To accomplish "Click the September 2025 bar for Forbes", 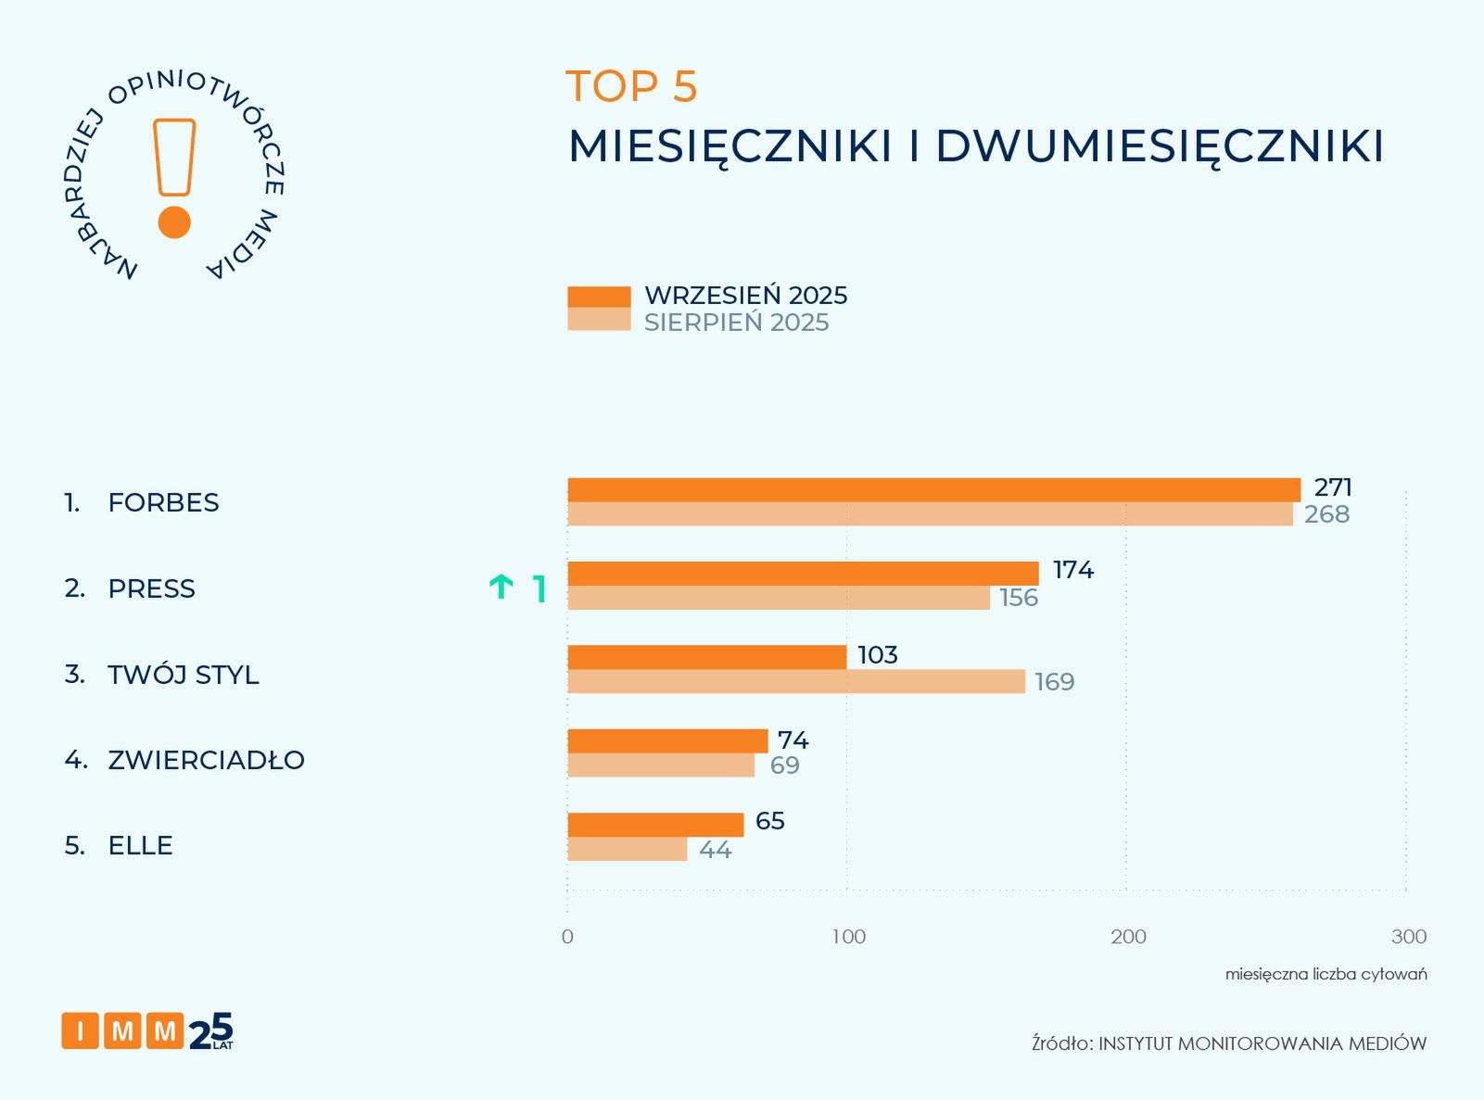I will tap(933, 490).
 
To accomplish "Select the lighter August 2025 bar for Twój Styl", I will tap(796, 682).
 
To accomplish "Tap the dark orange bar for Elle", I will tap(655, 825).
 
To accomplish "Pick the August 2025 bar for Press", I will tap(779, 598).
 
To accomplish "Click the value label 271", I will tap(1333, 487).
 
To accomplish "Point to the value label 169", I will tap(1054, 682).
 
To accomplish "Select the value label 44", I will tap(715, 850).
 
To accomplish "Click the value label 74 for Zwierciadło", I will tap(793, 740).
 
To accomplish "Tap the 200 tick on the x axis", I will tap(1128, 937).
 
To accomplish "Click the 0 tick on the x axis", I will tap(567, 937).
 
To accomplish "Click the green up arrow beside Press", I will tap(501, 587).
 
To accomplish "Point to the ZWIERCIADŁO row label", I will tap(206, 760).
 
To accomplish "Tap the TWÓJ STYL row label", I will tap(184, 675).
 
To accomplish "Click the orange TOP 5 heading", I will tap(631, 87).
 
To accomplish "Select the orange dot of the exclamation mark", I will tap(174, 222).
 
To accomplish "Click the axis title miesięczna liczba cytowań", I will tap(1325, 974).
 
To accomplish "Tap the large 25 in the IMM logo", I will tap(211, 1030).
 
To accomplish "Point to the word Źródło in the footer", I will tap(1061, 1043).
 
